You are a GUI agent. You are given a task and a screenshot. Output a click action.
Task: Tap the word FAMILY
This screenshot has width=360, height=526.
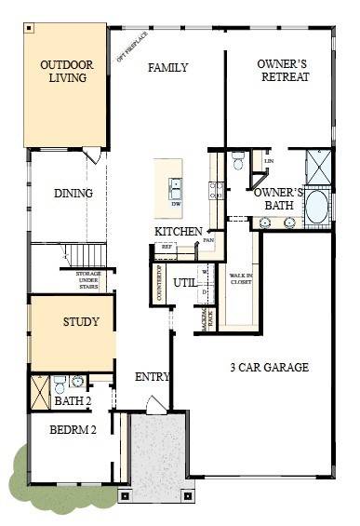point(167,67)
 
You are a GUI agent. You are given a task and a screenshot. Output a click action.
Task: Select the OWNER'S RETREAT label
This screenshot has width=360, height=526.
point(283,71)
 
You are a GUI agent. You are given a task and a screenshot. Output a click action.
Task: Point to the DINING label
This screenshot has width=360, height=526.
point(73,194)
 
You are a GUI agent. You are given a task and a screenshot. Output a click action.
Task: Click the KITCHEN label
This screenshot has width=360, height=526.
point(179,231)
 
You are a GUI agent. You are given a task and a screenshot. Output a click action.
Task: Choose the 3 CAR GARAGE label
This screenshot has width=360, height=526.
point(269,367)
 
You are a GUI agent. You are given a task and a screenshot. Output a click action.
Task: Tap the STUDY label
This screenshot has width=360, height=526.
point(81,322)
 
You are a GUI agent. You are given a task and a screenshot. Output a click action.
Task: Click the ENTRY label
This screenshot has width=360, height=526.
point(152,377)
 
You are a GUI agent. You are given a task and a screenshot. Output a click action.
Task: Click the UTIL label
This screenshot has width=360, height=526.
point(185,281)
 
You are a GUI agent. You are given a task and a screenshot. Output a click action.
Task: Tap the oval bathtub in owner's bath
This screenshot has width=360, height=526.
point(316,206)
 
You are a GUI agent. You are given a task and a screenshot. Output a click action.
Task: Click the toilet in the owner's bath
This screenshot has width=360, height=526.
point(237,162)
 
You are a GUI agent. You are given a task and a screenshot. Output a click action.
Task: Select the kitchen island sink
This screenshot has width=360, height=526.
point(175,185)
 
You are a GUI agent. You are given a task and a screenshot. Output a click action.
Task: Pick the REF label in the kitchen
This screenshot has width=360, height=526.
point(167,248)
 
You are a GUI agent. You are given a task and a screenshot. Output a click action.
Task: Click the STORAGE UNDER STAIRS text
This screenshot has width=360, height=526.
point(83,278)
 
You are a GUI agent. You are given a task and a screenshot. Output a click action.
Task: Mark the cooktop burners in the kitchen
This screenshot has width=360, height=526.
point(214,191)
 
